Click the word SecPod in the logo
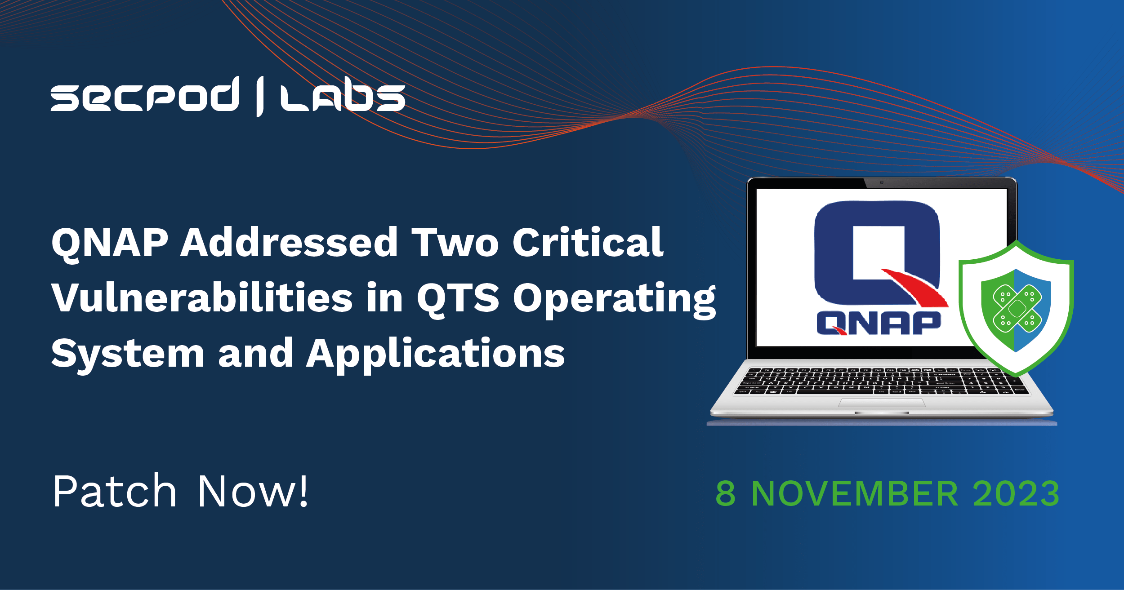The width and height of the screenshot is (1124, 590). click(145, 94)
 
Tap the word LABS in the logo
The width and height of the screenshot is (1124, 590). click(343, 97)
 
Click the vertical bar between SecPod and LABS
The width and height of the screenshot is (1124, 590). click(260, 97)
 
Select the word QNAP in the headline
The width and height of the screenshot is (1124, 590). click(110, 243)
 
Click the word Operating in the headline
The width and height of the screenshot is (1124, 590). click(614, 299)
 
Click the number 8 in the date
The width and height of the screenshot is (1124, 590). click(726, 493)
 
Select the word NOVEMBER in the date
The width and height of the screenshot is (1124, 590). click(855, 493)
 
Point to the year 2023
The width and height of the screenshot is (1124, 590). click(1016, 493)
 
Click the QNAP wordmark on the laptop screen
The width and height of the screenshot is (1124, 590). click(879, 323)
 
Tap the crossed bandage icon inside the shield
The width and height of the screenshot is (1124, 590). click(1017, 308)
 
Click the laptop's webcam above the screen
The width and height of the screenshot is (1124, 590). click(882, 182)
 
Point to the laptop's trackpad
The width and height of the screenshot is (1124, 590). click(882, 402)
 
